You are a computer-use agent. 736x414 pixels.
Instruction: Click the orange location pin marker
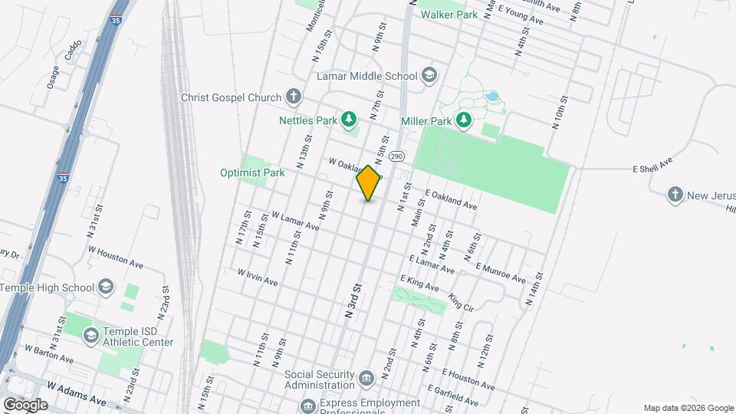click(x=369, y=182)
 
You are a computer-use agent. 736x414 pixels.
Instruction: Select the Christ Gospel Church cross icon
click(x=292, y=97)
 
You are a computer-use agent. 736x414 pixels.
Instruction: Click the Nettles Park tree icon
click(x=350, y=119)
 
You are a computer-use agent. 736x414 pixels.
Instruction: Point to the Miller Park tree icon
click(x=463, y=120)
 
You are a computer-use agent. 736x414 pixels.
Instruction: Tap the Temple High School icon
click(x=106, y=287)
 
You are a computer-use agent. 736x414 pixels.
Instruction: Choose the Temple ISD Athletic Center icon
click(x=91, y=335)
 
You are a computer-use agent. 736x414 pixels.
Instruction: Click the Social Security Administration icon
click(x=366, y=377)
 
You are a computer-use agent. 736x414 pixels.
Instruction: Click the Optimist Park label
click(x=252, y=172)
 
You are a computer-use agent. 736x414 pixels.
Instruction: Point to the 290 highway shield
click(x=396, y=156)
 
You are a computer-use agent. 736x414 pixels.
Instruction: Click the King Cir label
click(x=462, y=301)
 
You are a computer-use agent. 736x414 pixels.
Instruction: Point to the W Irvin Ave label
click(x=257, y=277)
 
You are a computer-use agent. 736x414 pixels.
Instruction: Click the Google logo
click(x=25, y=404)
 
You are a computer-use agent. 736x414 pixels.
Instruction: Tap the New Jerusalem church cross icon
click(x=675, y=195)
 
